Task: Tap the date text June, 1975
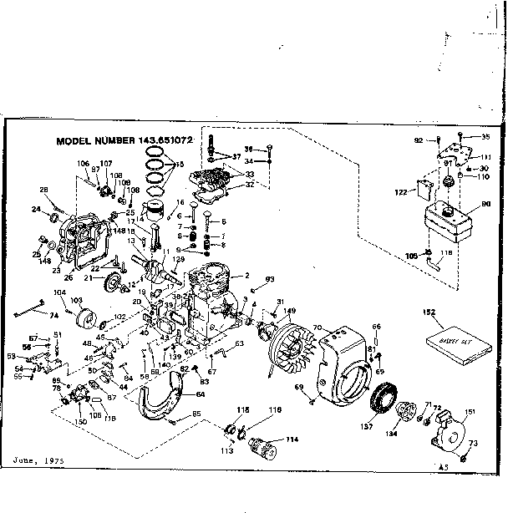pyautogui.click(x=38, y=460)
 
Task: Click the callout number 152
pyautogui.click(x=429, y=312)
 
